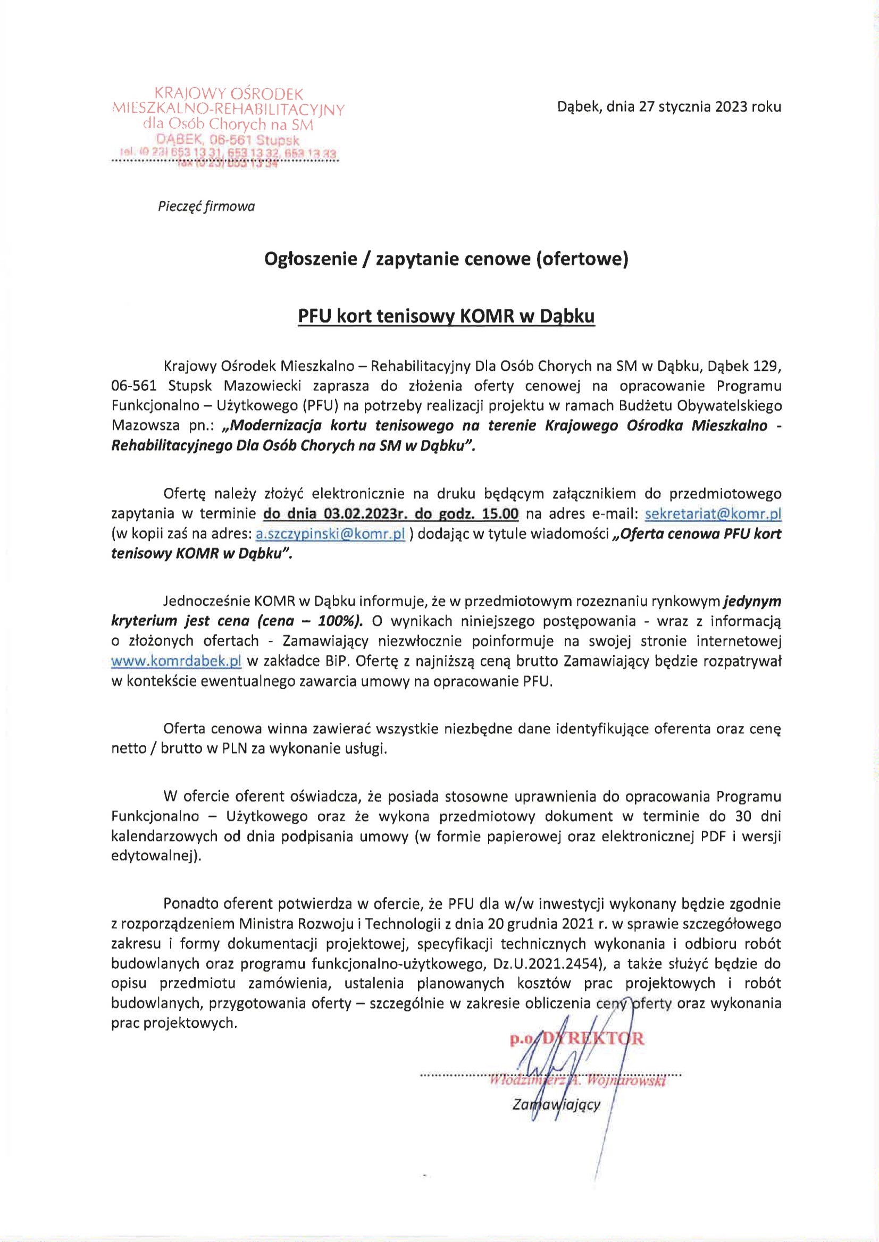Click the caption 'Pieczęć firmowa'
click(206, 207)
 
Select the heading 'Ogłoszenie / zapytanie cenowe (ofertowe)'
click(446, 259)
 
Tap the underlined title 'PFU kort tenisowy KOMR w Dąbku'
click(446, 316)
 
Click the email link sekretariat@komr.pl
click(713, 513)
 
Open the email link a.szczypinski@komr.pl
click(330, 534)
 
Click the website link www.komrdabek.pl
click(176, 661)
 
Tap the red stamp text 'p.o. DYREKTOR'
click(576, 1038)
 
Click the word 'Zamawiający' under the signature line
click(556, 1104)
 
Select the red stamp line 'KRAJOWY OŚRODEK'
click(229, 94)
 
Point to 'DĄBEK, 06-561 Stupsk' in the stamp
click(228, 140)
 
